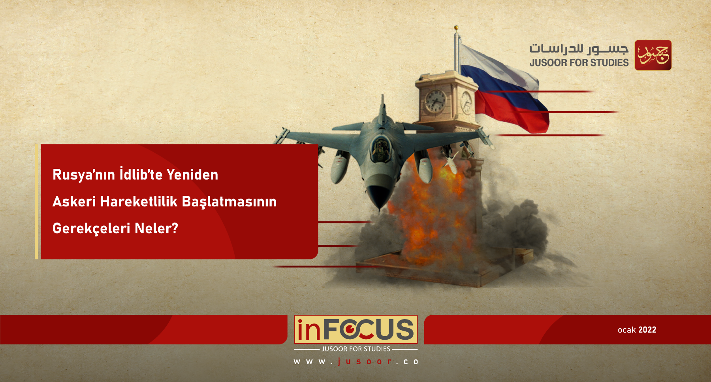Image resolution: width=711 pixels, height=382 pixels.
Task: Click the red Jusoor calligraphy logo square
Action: [653, 55]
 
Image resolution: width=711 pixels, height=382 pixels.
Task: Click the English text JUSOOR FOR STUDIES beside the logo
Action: [579, 63]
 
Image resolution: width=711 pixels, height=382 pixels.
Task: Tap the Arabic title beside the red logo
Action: [579, 49]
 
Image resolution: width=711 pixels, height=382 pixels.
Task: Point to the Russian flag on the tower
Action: [506, 91]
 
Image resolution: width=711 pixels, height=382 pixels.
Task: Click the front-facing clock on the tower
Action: [435, 100]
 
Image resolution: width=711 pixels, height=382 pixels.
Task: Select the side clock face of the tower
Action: [466, 102]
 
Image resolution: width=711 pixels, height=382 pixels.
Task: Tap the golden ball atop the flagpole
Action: [456, 28]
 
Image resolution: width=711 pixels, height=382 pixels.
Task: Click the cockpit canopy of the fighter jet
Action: [380, 147]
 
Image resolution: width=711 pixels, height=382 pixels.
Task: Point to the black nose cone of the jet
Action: [379, 195]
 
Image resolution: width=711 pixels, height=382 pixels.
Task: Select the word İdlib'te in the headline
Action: [141, 174]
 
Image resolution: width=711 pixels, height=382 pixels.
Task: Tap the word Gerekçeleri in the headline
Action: [91, 228]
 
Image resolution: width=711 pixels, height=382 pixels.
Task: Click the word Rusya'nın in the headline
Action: [84, 175]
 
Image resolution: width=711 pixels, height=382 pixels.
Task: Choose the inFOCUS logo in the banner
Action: [355, 329]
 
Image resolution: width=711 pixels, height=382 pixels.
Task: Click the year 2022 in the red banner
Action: [647, 330]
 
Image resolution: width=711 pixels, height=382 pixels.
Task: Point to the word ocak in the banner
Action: [626, 330]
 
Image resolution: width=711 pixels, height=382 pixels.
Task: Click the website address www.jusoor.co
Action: [355, 362]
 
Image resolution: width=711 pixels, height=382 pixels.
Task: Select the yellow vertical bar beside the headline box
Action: [36, 202]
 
